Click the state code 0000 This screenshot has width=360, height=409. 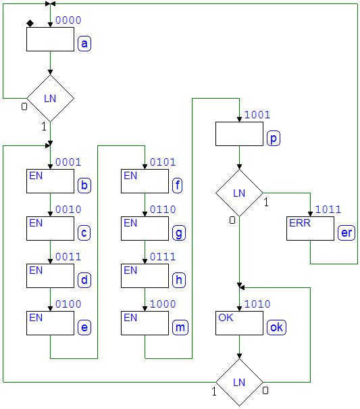[x=68, y=20]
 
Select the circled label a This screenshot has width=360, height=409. [x=84, y=44]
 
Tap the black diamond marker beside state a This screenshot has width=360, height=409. [x=30, y=24]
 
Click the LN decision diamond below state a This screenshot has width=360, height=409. [x=50, y=98]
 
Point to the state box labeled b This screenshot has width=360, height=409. [x=50, y=181]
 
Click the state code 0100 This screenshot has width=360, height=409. [x=68, y=304]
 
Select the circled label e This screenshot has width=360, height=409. [x=84, y=328]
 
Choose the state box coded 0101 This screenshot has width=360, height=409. [x=145, y=181]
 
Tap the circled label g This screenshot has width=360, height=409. [x=179, y=233]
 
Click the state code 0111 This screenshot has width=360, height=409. [x=163, y=257]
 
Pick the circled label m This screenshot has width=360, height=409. [x=180, y=328]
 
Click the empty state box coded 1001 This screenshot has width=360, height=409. [x=239, y=134]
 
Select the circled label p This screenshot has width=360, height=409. [x=274, y=139]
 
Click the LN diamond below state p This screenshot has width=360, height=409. [x=239, y=193]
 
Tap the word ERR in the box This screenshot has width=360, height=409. [x=300, y=223]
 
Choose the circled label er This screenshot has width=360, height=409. [x=346, y=233]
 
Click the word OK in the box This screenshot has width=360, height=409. [x=226, y=318]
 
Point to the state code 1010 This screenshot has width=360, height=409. [x=257, y=304]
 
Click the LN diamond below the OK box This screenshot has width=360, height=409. [x=239, y=383]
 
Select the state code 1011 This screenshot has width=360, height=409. [x=328, y=210]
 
